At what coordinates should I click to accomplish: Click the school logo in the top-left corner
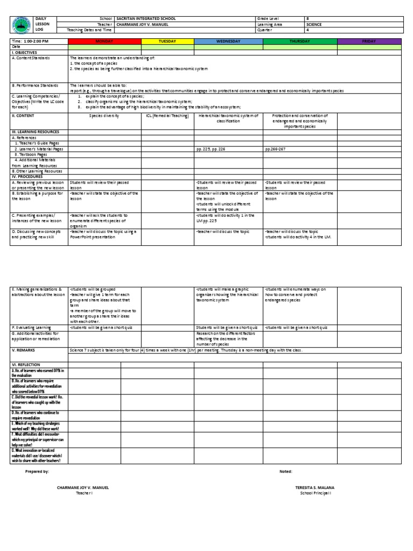22,25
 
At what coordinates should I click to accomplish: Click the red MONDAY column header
104,41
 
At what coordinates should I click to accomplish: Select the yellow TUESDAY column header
167,41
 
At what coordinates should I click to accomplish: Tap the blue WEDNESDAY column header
228,41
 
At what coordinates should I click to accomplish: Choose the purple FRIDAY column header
369,41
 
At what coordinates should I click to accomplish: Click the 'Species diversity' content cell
104,115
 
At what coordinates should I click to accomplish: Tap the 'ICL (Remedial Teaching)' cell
167,115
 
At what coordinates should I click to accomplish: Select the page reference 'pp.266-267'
275,149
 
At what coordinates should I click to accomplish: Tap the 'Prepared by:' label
38,471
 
